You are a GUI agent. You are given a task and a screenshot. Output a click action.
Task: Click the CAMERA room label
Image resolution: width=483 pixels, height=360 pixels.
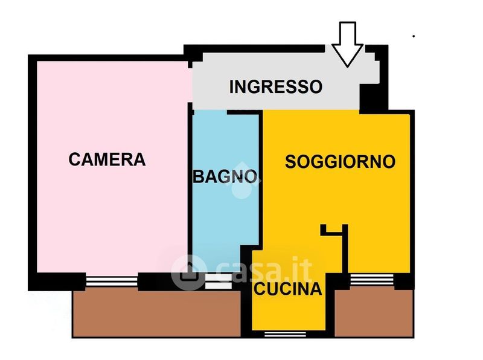point(107,159)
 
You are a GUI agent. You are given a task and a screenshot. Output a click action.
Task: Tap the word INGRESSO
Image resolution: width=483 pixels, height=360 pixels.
point(276,86)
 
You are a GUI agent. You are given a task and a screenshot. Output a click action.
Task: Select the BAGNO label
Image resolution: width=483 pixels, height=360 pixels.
point(225,176)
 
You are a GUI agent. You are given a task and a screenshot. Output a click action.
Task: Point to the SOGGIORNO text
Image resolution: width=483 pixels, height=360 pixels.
point(340,161)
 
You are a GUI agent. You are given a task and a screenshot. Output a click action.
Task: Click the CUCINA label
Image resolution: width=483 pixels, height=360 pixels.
point(288,289)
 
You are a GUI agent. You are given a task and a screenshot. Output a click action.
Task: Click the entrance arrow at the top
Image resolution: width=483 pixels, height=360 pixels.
point(348,44)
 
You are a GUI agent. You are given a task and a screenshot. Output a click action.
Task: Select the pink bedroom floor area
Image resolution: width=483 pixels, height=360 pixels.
point(112,167)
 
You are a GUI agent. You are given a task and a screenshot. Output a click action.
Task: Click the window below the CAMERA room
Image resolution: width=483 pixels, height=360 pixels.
point(112,281)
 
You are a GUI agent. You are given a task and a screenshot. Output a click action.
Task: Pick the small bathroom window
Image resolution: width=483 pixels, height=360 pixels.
point(219,281)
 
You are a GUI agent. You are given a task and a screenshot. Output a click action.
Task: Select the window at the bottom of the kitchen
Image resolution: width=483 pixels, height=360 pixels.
point(285,334)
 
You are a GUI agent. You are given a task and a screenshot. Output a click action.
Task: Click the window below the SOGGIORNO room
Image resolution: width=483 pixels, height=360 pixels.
point(372,280)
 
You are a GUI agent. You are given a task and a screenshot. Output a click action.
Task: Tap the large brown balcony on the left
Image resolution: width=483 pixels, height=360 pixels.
point(156,313)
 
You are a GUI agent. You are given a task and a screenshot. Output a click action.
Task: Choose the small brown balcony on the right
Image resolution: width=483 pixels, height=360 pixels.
point(374,313)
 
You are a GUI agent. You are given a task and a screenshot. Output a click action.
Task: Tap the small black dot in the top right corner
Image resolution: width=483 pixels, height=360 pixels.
point(414,36)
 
